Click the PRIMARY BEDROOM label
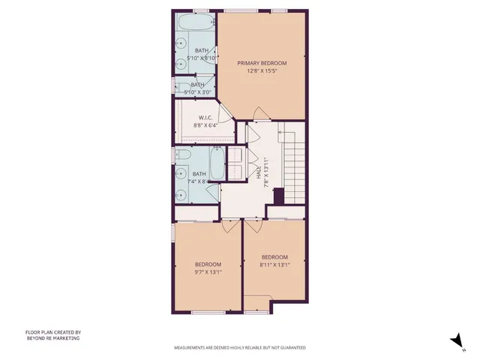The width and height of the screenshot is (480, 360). click(262, 63)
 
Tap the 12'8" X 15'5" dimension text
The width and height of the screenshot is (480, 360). click(262, 70)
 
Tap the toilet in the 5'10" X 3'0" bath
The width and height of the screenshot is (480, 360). click(181, 84)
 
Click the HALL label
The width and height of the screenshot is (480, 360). click(259, 172)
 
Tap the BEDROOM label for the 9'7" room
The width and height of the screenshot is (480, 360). click(208, 264)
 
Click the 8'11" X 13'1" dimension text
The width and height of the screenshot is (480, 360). click(274, 264)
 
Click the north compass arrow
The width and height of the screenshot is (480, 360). click(454, 340)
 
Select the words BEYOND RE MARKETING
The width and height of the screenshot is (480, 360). click(52, 338)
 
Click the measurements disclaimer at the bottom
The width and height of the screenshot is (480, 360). click(239, 347)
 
